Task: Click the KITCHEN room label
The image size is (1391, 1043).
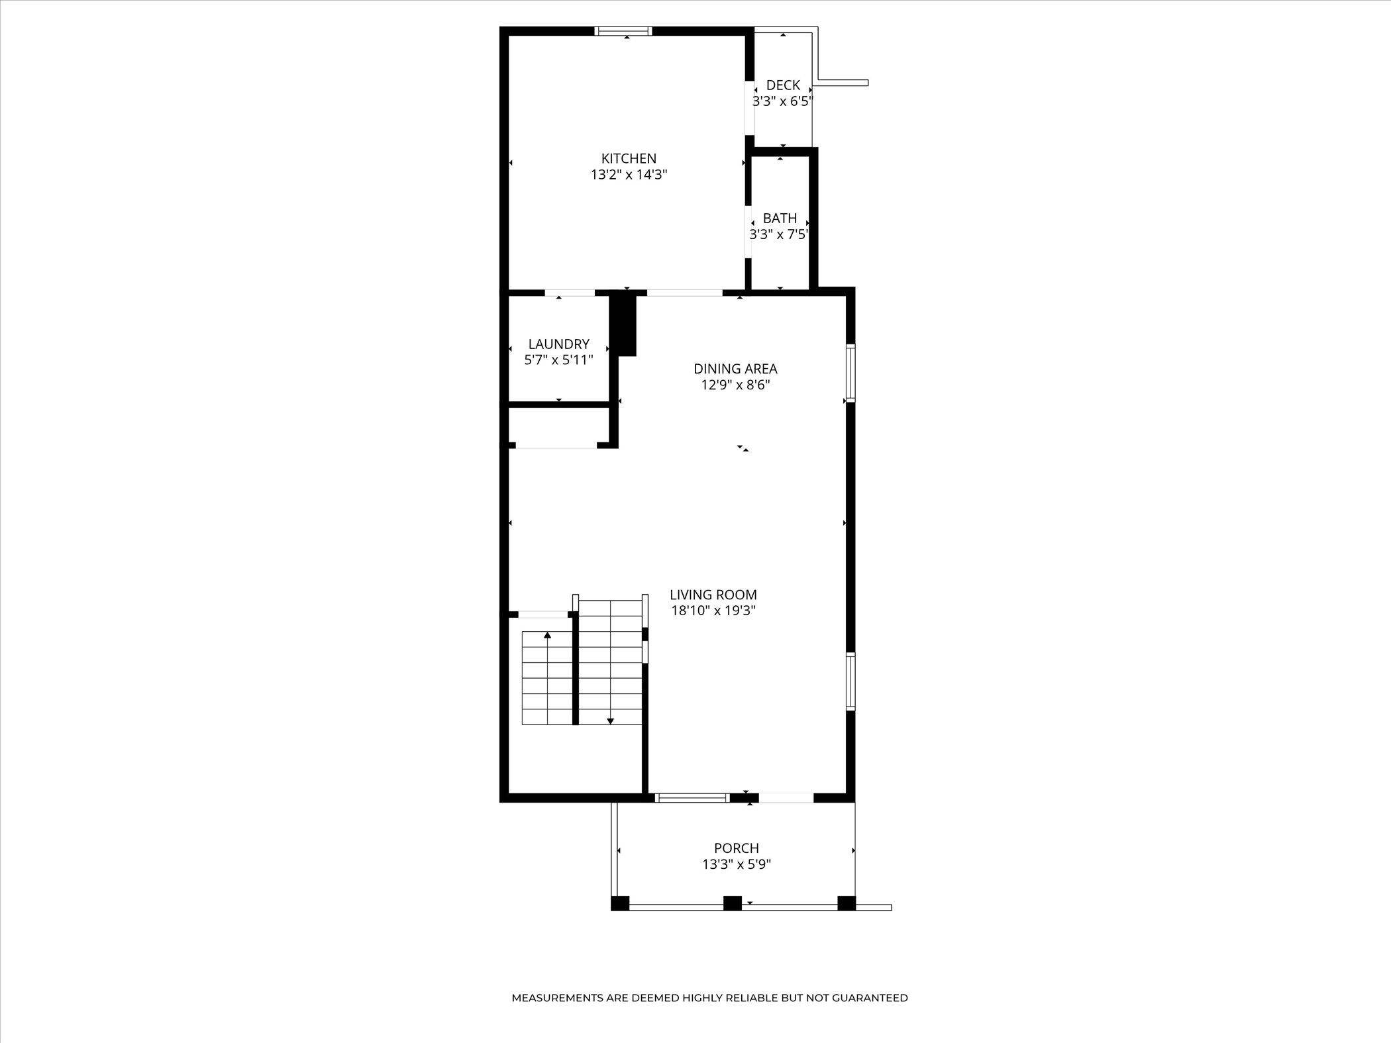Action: point(629,158)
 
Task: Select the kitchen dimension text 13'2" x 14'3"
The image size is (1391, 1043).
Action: point(629,175)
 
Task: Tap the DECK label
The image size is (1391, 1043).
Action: point(783,85)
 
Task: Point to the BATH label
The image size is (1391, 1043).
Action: point(780,218)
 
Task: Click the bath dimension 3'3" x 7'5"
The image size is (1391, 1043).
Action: point(779,234)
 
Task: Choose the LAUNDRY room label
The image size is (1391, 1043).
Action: point(558,344)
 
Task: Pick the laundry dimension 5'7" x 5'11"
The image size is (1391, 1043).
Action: point(558,360)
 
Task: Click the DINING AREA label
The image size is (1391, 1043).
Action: point(735,368)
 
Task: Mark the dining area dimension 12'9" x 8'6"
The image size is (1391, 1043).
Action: point(735,385)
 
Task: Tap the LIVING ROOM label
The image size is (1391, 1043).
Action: point(713,595)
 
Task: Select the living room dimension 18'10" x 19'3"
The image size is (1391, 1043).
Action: point(713,611)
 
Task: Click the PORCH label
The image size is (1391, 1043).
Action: point(736,848)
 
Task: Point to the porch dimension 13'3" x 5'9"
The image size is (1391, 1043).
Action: point(736,864)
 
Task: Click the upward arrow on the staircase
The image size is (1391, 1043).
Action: point(548,636)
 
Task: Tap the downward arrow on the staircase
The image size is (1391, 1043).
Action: point(610,720)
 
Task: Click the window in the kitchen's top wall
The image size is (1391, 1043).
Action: point(623,30)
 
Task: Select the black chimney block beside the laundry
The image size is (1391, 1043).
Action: point(623,324)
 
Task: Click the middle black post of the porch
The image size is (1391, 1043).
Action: point(732,903)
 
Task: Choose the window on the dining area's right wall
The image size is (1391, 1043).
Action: point(850,372)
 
